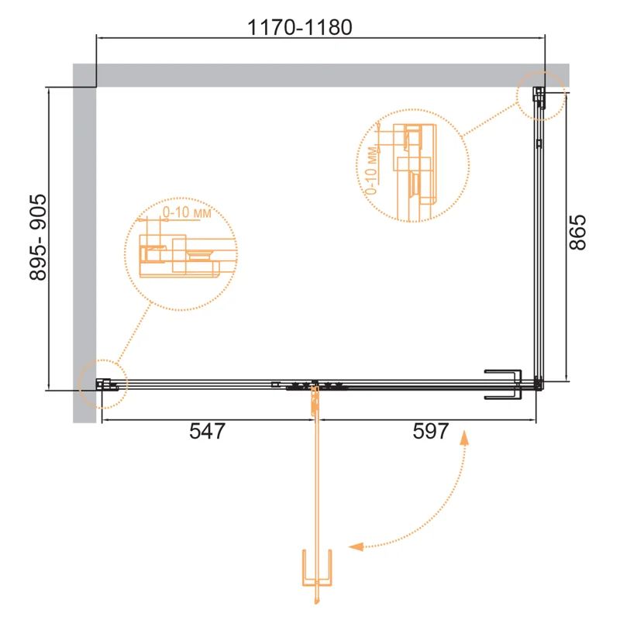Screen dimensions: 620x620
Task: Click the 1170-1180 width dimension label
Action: [x=299, y=27]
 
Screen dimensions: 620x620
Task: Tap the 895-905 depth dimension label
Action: [x=38, y=237]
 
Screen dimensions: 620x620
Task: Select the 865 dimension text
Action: [x=577, y=232]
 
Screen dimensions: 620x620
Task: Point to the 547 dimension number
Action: [x=207, y=431]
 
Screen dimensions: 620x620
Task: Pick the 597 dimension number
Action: [x=431, y=431]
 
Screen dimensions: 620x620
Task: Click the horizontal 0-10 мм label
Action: [x=187, y=212]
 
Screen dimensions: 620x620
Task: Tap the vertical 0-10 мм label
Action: [x=371, y=170]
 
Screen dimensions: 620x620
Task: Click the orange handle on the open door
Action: [x=317, y=567]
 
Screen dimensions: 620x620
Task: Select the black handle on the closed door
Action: [x=503, y=384]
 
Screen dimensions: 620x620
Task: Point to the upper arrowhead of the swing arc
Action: [x=464, y=438]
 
